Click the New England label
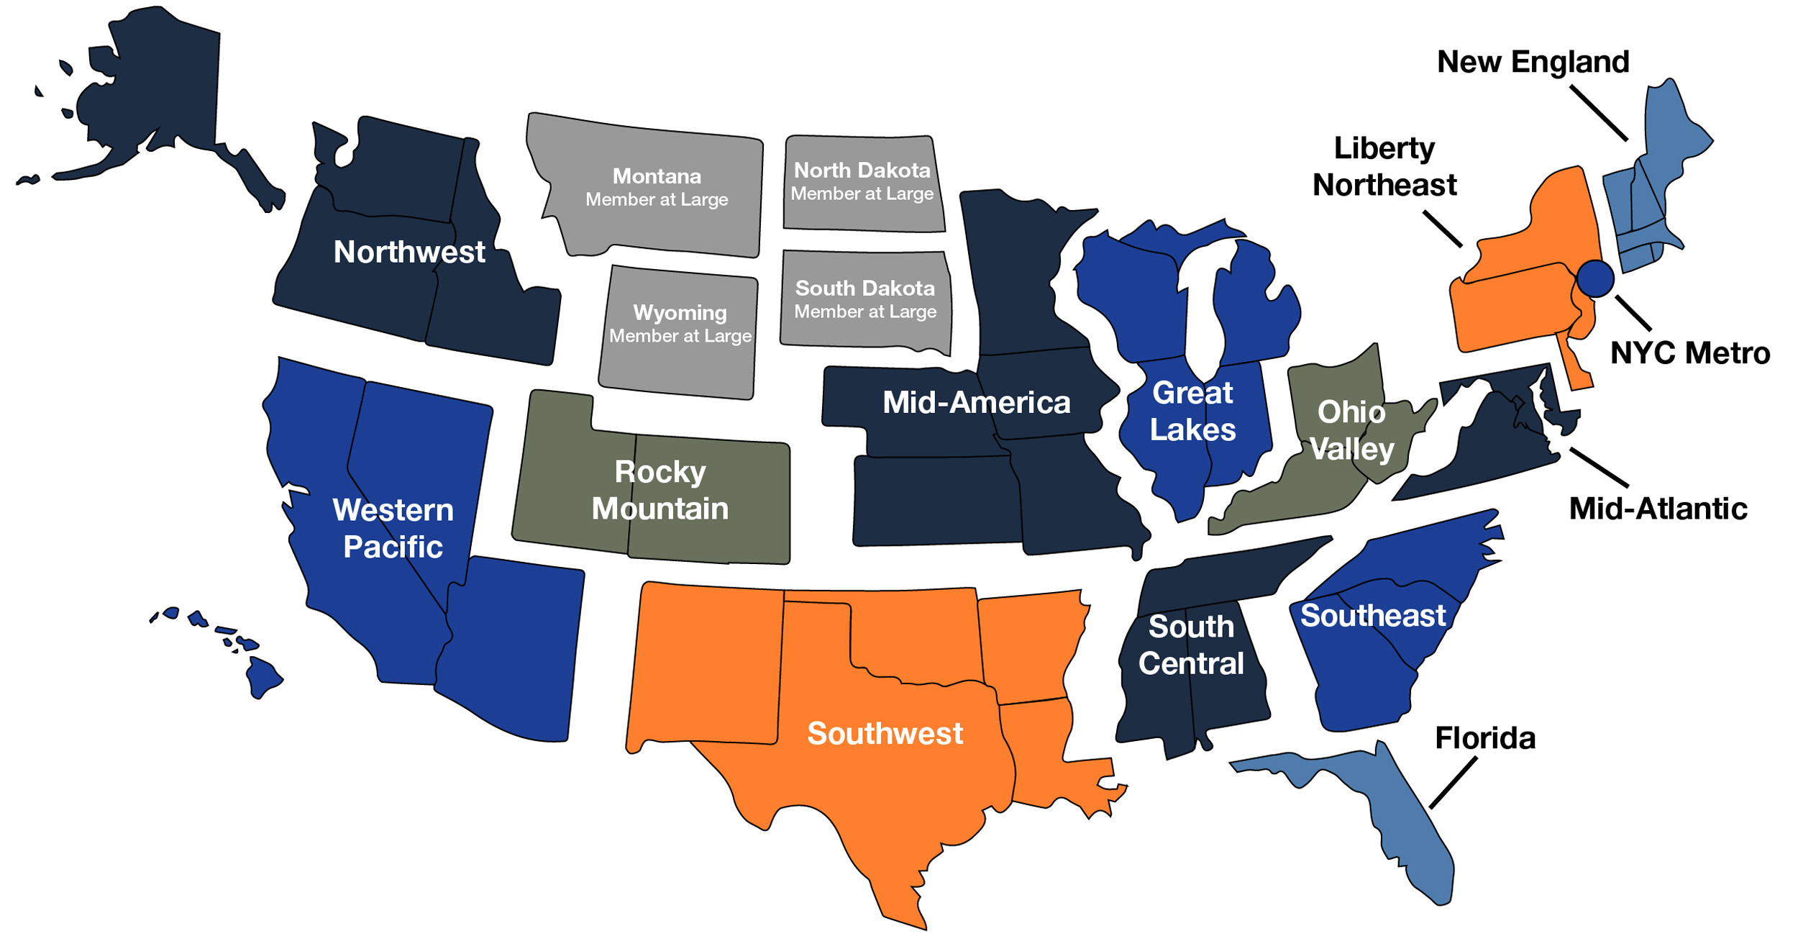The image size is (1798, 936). point(1533,62)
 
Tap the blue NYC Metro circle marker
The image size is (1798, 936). point(1595,278)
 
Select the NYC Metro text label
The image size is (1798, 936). point(1689,353)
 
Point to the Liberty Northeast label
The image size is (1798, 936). point(1384,166)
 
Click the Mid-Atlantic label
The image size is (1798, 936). point(1658,509)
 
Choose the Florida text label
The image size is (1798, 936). point(1485,738)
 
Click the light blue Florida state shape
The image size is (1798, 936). point(1402,813)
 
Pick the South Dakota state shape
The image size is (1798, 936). point(865,299)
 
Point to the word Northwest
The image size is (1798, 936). point(409,253)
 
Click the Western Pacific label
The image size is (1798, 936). point(393,528)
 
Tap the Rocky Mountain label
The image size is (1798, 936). point(660,490)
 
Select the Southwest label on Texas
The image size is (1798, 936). point(885,734)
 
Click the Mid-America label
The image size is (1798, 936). point(976,403)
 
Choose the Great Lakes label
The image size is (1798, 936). point(1192,412)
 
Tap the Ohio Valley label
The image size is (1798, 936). point(1351,430)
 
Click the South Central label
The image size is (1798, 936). point(1191,645)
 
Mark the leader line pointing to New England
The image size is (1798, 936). point(1598,113)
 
